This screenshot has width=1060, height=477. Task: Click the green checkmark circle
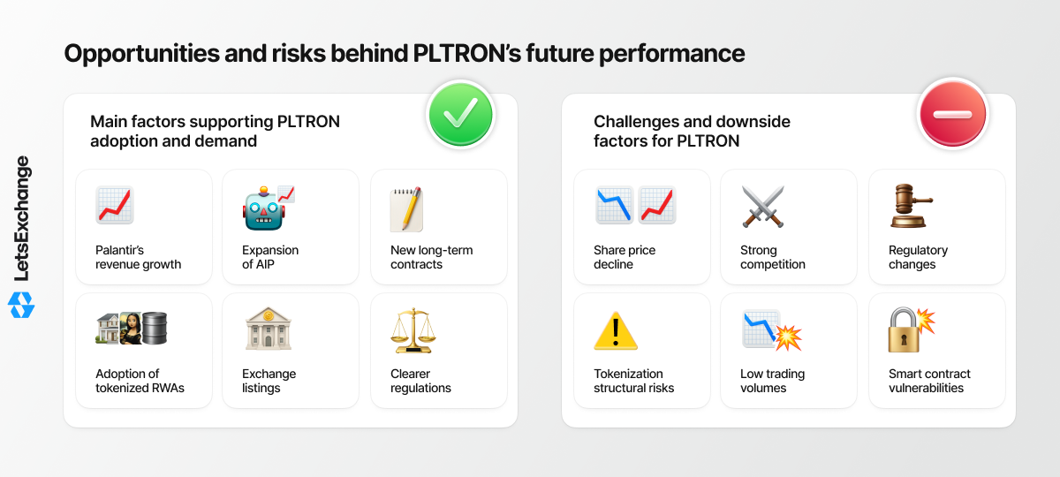[x=460, y=115]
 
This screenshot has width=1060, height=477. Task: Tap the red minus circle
[x=952, y=114]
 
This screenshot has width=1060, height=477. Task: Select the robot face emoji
[x=264, y=208]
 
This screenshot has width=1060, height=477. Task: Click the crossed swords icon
[x=763, y=207]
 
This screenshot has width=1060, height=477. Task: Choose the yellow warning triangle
[x=616, y=330]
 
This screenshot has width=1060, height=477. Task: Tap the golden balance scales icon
[x=413, y=330]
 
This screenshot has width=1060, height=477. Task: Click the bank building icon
[x=269, y=329]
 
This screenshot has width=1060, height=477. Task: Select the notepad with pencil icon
[x=406, y=209]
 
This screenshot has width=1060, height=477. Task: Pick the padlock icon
[x=904, y=330]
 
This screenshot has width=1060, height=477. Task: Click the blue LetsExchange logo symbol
[x=21, y=305]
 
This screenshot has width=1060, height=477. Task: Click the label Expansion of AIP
[x=270, y=257]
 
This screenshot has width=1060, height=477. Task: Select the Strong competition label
[x=773, y=257]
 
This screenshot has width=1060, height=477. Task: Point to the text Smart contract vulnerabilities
[x=929, y=381]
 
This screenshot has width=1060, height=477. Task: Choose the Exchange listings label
[x=269, y=381]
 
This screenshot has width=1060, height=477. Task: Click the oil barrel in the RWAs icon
[x=155, y=328]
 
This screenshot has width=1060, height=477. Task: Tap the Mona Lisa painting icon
[x=131, y=328]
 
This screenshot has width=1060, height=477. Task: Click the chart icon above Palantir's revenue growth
[x=115, y=205]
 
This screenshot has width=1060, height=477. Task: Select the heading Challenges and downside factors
[x=692, y=131]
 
